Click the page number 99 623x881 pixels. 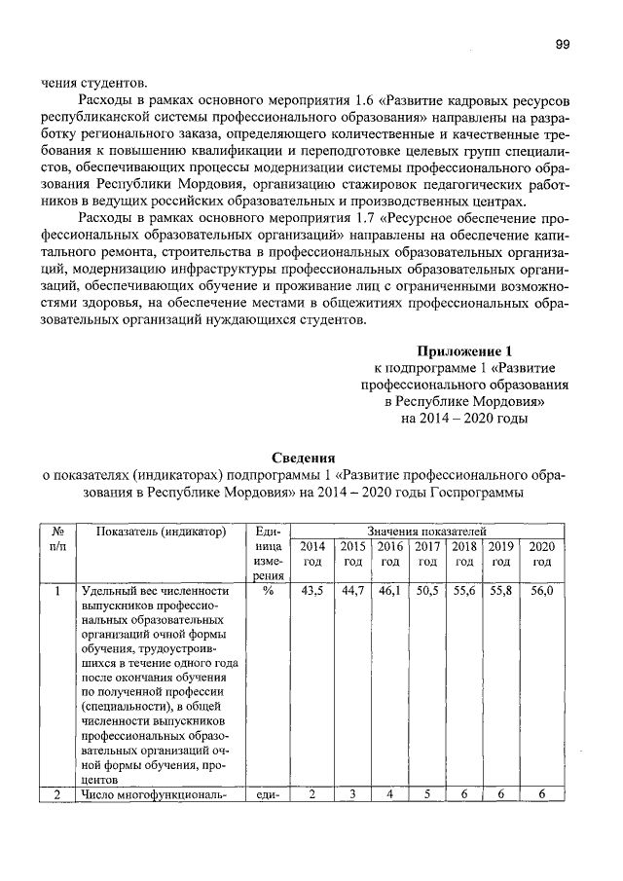(562, 44)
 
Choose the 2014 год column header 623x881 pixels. (313, 554)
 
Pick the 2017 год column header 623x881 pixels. (426, 554)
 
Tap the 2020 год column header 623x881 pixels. (541, 554)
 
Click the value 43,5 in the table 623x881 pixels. (313, 591)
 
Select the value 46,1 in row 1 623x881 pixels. (389, 591)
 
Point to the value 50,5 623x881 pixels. (426, 591)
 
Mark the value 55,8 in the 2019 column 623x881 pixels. (501, 591)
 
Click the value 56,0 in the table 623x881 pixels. (541, 591)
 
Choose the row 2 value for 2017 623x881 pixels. (426, 794)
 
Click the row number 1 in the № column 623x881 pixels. (58, 591)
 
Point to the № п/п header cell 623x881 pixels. (58, 539)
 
